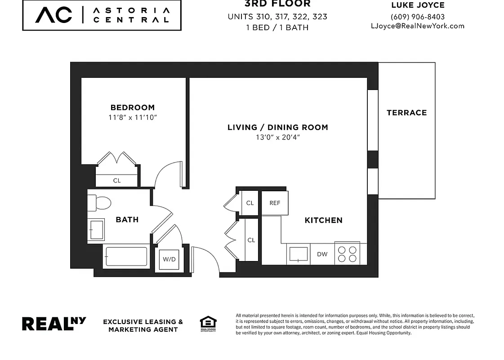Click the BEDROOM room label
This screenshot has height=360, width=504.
coord(132,108)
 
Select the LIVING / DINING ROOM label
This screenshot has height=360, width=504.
coord(277,127)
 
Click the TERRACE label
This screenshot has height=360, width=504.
coord(406,113)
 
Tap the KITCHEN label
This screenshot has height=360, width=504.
coord(323,220)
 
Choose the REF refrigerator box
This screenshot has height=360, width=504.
coord(275,203)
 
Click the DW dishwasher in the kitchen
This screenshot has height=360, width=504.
coord(322,254)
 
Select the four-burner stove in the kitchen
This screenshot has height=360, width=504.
coord(347,254)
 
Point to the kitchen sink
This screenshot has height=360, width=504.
coord(298,254)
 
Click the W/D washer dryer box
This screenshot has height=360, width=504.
coord(169,260)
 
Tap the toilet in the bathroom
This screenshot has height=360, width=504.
coord(100,203)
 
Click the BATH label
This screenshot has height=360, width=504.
coord(127,220)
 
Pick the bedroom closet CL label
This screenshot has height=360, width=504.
coord(117,181)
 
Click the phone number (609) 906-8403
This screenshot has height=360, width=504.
coord(418,17)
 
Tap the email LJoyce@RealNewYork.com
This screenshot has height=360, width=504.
coord(417,26)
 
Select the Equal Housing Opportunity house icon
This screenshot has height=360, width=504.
coord(208,324)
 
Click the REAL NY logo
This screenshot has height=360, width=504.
coord(54,324)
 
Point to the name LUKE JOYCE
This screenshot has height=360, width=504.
coord(418,6)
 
